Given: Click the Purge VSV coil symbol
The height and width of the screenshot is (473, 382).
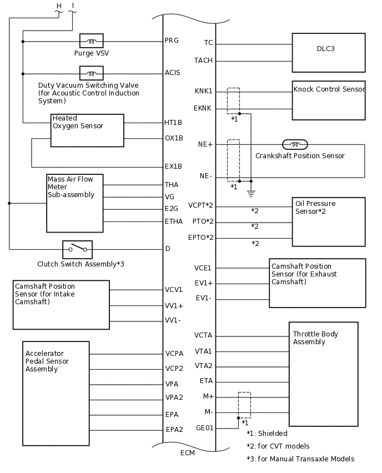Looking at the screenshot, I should [x=91, y=41].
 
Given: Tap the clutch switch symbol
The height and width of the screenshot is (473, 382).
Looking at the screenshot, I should [x=77, y=249].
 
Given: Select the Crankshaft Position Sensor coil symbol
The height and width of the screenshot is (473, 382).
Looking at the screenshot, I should [x=295, y=144].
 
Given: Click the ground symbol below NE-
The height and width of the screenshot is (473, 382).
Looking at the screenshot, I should [x=251, y=193].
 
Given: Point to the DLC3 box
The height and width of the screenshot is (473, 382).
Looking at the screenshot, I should [x=329, y=53].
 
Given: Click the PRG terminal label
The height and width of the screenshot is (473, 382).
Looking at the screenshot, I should [x=172, y=41].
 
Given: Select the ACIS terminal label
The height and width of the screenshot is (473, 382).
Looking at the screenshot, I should [x=172, y=73].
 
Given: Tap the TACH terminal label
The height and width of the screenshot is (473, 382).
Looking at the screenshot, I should [x=203, y=61].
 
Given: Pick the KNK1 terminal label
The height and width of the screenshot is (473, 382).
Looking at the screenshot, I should [x=203, y=91].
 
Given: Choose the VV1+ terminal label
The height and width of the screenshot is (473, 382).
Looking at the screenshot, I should [x=174, y=306].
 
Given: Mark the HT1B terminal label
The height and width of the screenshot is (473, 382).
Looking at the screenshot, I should [x=173, y=122].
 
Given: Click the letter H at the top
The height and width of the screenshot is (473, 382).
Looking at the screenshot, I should [x=59, y=6].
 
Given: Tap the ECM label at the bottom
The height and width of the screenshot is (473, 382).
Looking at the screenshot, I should [x=188, y=452].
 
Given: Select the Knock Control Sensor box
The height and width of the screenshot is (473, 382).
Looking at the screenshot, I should [x=329, y=100].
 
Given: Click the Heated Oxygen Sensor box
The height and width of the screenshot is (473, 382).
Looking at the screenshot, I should [x=87, y=130].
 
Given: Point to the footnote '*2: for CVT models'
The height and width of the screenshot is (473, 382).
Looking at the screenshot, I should [x=278, y=446].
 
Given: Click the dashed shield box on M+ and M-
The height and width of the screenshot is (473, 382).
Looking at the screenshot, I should [x=244, y=405].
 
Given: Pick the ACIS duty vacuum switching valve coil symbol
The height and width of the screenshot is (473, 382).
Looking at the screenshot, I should [x=91, y=73].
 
